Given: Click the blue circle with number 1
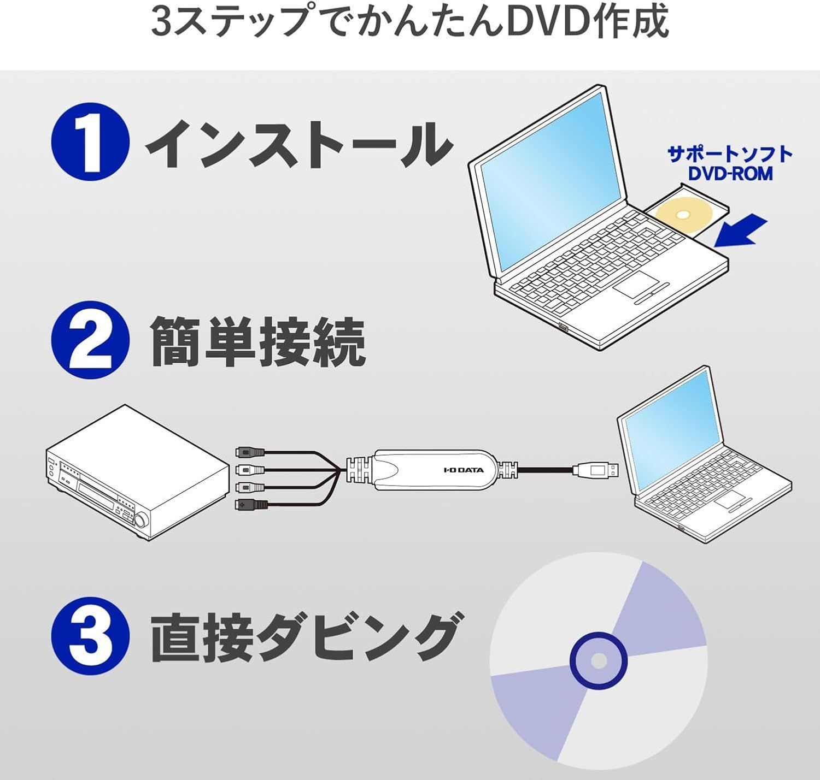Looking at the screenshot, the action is click(90, 141).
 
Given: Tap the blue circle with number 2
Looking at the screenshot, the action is click(90, 340).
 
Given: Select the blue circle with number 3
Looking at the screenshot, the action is click(90, 636).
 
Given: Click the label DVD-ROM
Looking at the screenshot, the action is click(730, 174).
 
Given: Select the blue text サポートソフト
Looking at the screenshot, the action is click(730, 154).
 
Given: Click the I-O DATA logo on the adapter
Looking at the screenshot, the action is click(464, 470).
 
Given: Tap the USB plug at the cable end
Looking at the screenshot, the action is click(596, 470).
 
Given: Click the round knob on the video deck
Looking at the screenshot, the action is click(140, 521).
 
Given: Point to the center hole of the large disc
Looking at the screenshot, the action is click(599, 660).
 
